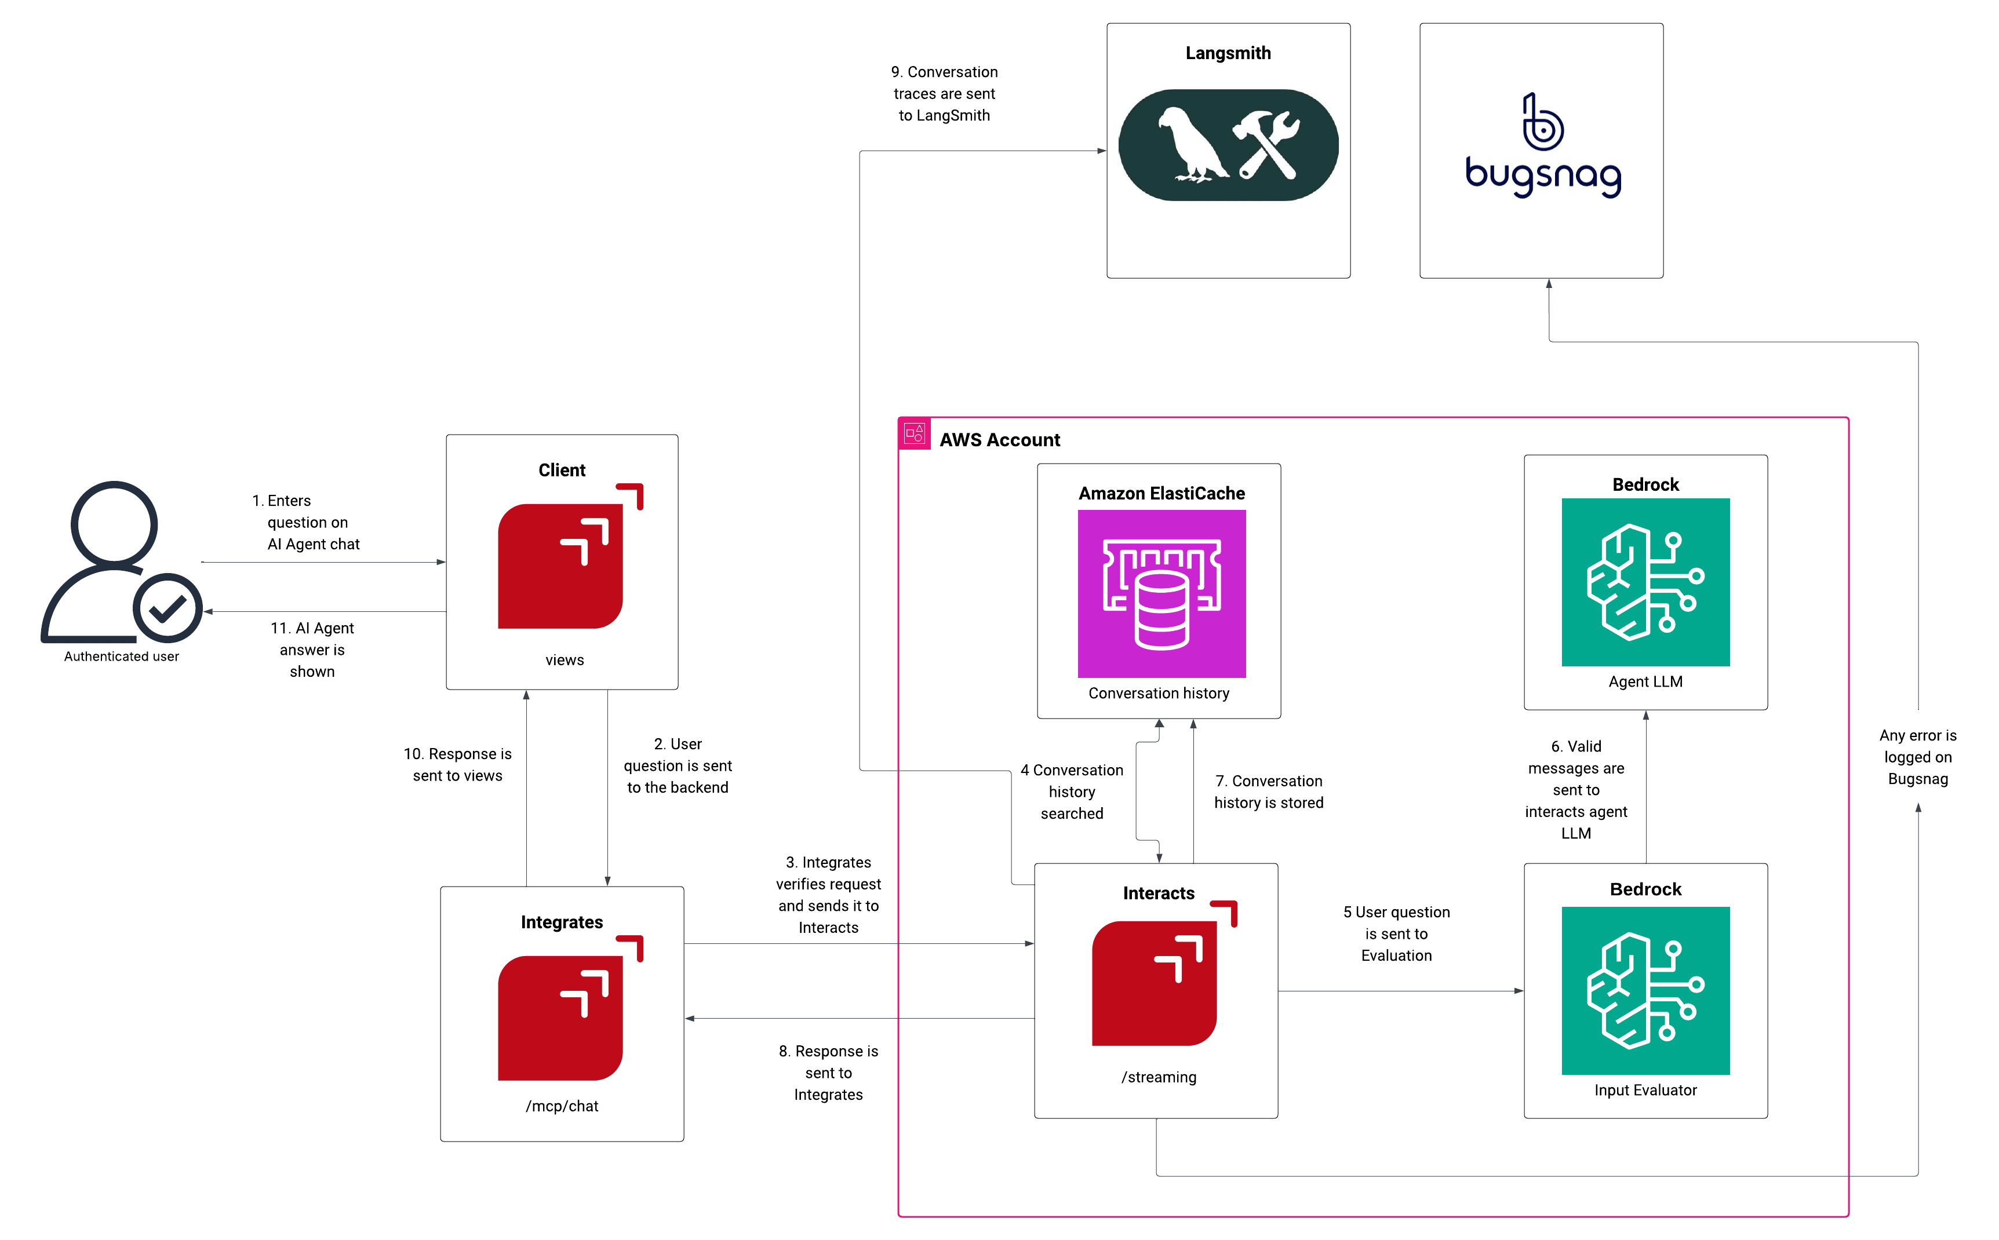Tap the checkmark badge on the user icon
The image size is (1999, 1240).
pyautogui.click(x=168, y=608)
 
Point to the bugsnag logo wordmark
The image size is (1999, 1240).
pyautogui.click(x=1542, y=174)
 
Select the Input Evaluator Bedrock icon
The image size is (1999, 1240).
pyautogui.click(x=1645, y=990)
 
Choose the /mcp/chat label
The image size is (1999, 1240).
pyautogui.click(x=562, y=1106)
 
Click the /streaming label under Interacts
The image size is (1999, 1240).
pyautogui.click(x=1158, y=1077)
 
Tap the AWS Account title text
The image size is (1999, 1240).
pyautogui.click(x=999, y=440)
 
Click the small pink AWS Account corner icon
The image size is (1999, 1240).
pyautogui.click(x=914, y=433)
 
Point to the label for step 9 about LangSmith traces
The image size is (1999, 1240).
pyautogui.click(x=944, y=93)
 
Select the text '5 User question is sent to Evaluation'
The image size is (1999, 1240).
pyautogui.click(x=1396, y=933)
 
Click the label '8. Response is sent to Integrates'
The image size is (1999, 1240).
pyautogui.click(x=828, y=1072)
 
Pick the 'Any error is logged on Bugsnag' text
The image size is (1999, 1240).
pyautogui.click(x=1917, y=756)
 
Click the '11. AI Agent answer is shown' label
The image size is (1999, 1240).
pyautogui.click(x=312, y=650)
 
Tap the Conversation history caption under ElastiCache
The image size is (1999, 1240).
pyautogui.click(x=1158, y=693)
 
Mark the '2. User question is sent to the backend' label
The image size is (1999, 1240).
pyautogui.click(x=678, y=765)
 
